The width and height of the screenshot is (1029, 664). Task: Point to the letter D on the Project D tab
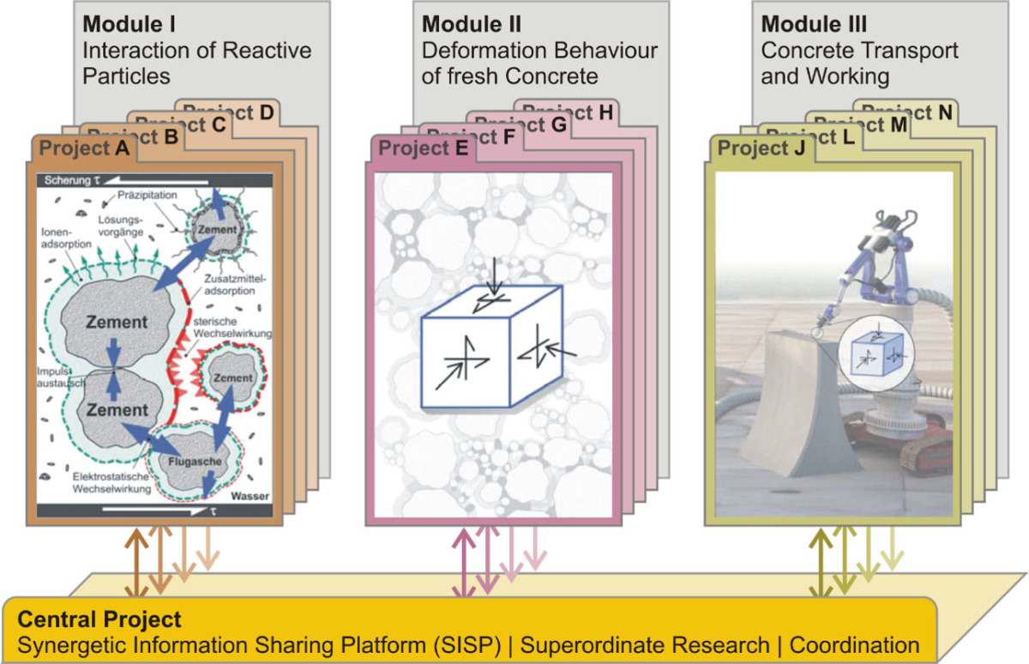pos(267,112)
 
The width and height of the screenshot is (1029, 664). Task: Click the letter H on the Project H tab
pos(605,112)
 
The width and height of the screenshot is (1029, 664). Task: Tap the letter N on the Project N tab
pos(944,112)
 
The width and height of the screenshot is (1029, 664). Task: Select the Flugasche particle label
pos(190,461)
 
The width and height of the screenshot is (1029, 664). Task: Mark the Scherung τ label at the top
pos(71,181)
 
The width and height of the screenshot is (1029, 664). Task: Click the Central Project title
pos(99,619)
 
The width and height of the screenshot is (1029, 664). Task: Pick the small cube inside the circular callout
pos(872,353)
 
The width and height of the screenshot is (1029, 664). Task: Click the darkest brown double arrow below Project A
pos(135,562)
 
